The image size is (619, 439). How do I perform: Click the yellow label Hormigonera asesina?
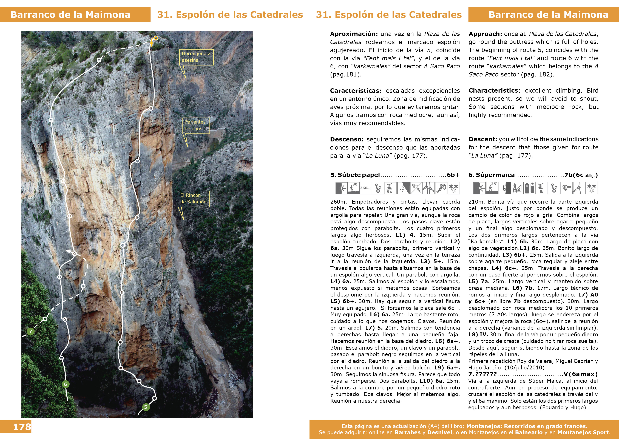point(196,57)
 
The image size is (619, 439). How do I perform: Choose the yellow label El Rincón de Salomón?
point(194,199)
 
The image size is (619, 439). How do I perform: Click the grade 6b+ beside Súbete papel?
point(453,175)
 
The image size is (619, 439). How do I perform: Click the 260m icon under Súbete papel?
point(365,188)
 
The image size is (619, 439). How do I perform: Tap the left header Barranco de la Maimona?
point(70,15)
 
